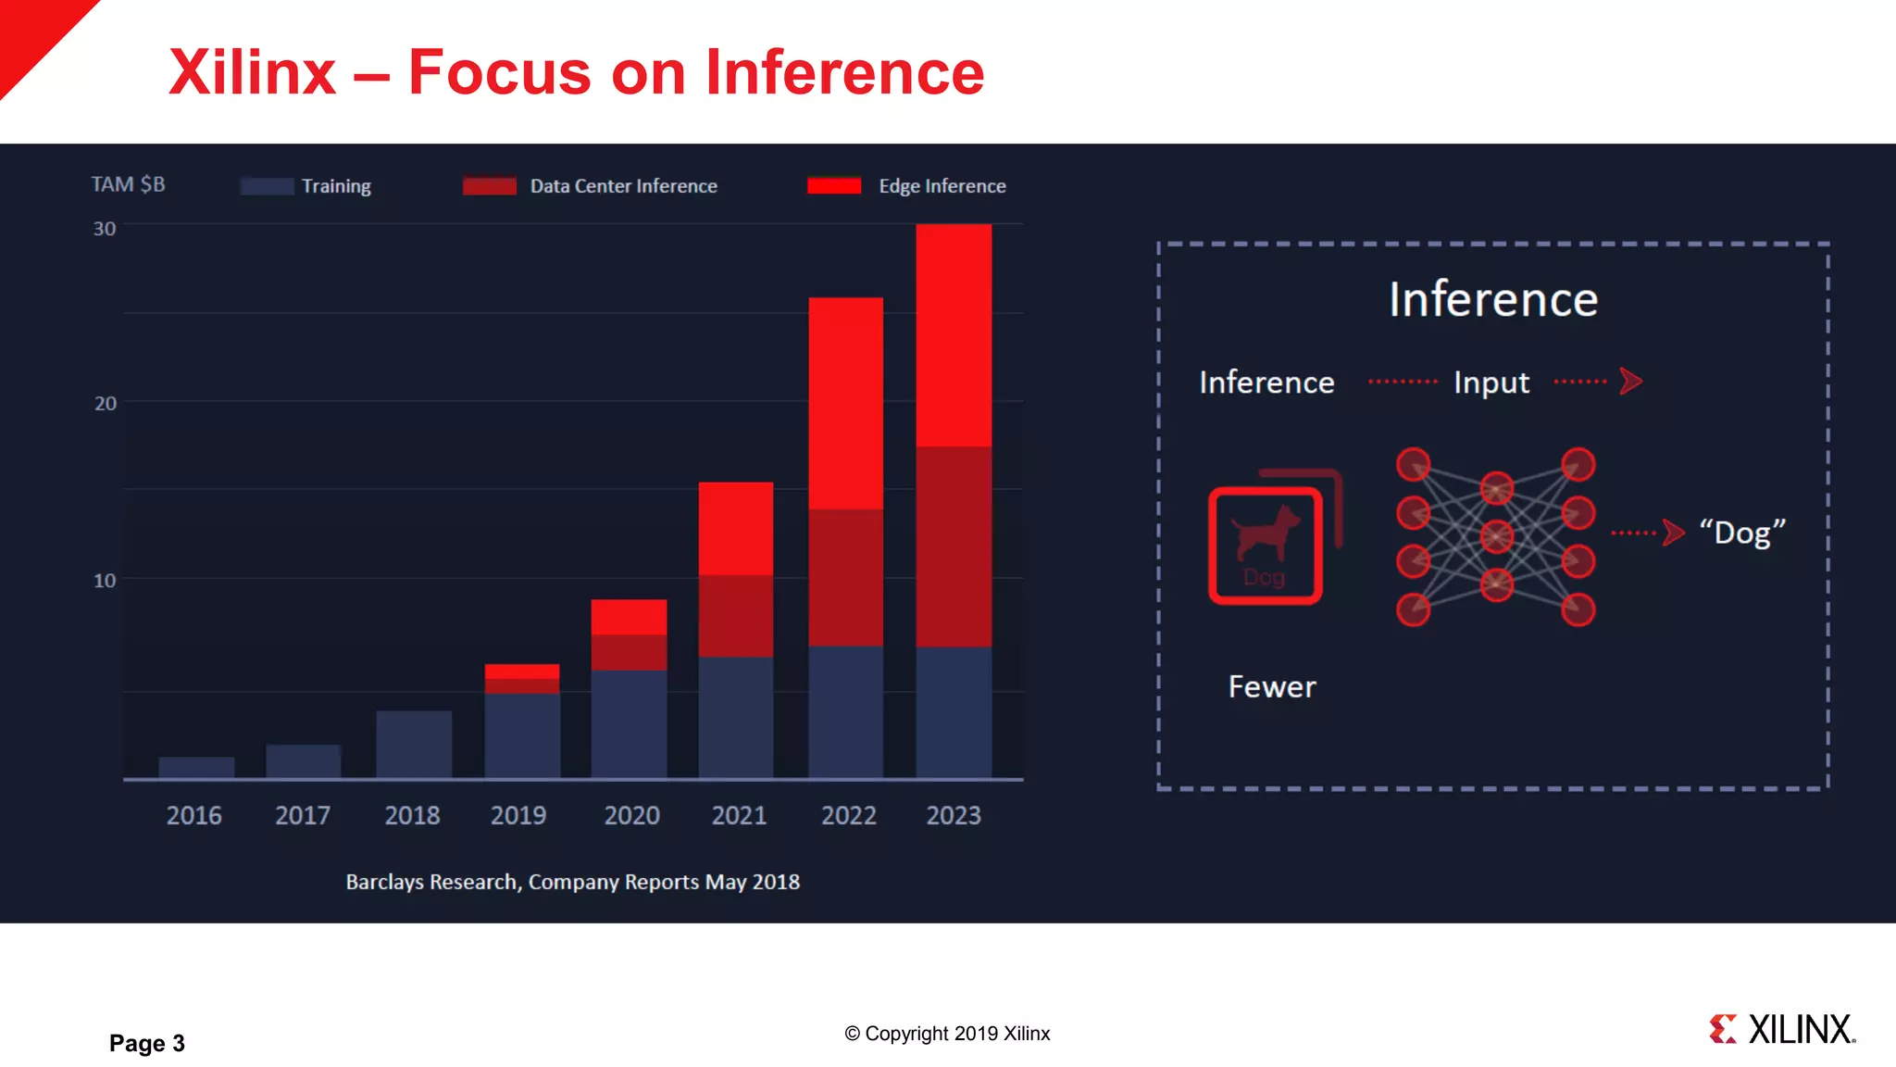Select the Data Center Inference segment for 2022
[x=845, y=577]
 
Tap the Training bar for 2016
[x=196, y=767]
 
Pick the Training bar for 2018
[x=414, y=745]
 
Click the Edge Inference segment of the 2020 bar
[x=629, y=617]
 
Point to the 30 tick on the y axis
[x=105, y=229]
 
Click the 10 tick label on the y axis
[x=105, y=581]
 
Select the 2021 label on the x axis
[x=739, y=815]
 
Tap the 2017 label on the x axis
[x=303, y=815]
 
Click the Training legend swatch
[x=267, y=186]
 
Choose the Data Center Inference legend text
[x=623, y=186]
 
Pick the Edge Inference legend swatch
[x=833, y=186]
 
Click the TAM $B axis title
[x=128, y=184]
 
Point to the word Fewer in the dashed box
[x=1271, y=687]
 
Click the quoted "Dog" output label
[x=1741, y=533]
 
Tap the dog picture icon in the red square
[x=1266, y=546]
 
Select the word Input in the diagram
[x=1491, y=383]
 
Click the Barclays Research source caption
[x=572, y=882]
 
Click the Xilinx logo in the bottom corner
[x=1782, y=1029]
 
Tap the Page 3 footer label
[x=147, y=1043]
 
